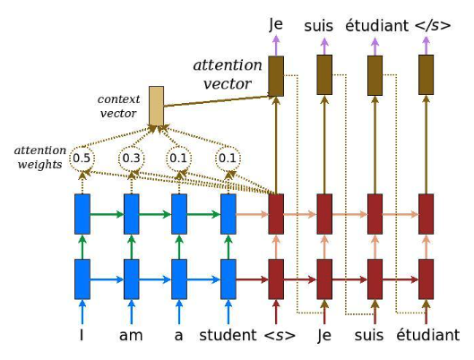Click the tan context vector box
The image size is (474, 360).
tap(157, 107)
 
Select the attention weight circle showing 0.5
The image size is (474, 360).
tap(82, 159)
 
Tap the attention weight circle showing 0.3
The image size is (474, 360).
tap(131, 159)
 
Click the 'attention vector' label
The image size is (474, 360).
tap(228, 74)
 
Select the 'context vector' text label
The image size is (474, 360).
tap(119, 105)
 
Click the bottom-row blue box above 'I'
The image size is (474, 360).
tap(82, 279)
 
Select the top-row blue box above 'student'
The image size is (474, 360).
tap(228, 214)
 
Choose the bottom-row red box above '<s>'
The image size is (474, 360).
tap(276, 279)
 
